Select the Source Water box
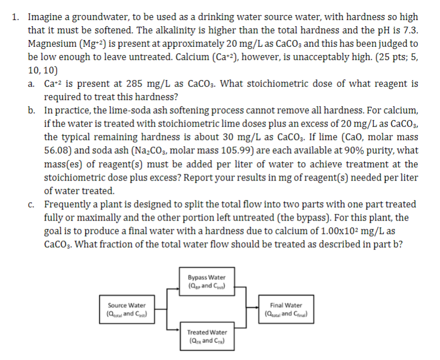click(x=127, y=309)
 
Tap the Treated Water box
click(x=207, y=335)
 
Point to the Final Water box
click(x=286, y=309)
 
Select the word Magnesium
click(x=51, y=43)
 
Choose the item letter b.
click(x=32, y=111)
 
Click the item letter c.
click(x=32, y=204)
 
